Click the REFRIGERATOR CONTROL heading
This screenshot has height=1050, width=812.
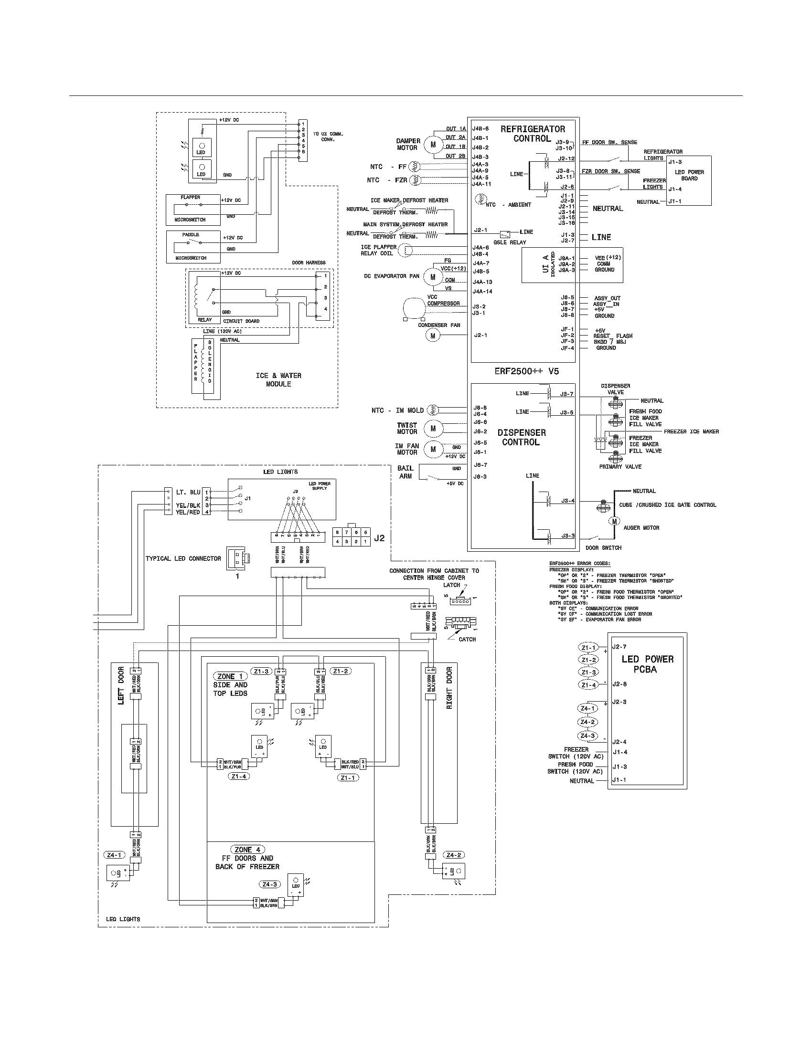(x=533, y=134)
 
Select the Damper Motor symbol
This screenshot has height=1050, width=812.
(x=433, y=144)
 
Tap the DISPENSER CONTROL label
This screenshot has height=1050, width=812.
(x=522, y=437)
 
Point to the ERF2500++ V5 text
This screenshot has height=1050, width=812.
(x=526, y=371)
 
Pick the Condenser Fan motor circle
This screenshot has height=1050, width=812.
(x=432, y=336)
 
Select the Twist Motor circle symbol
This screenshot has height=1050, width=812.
(x=433, y=428)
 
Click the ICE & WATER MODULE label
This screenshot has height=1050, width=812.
(x=278, y=379)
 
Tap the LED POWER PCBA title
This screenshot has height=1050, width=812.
(x=647, y=664)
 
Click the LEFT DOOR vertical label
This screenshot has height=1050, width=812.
(x=121, y=685)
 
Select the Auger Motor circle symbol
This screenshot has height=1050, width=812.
(x=614, y=521)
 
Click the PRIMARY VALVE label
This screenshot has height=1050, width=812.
(x=620, y=466)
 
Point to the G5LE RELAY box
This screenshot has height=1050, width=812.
(x=505, y=234)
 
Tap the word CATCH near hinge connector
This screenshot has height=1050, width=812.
(x=467, y=639)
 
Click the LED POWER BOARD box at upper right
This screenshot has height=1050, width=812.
(x=689, y=180)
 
